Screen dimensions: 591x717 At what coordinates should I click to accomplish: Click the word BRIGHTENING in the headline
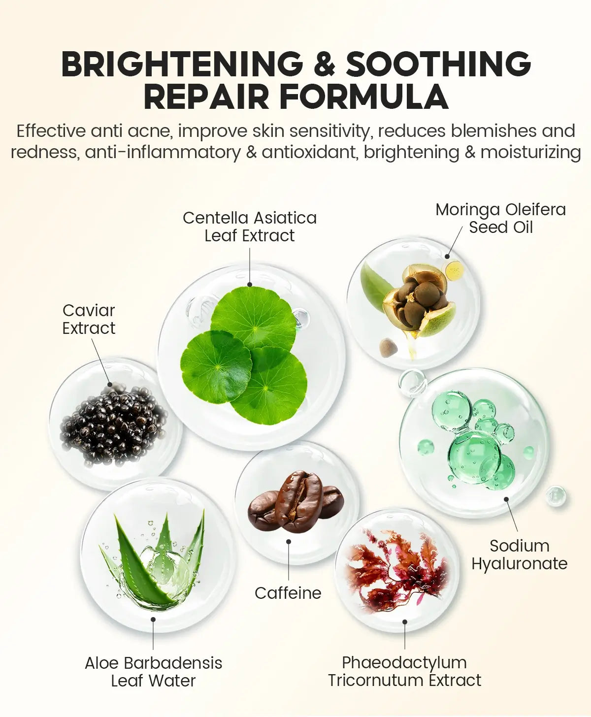(x=182, y=64)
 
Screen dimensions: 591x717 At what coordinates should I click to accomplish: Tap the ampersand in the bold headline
(x=324, y=64)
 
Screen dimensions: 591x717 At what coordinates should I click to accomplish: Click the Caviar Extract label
(x=89, y=319)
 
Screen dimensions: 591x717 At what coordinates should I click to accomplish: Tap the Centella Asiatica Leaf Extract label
(x=250, y=227)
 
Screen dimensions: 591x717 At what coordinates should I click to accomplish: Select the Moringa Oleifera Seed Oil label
(x=501, y=218)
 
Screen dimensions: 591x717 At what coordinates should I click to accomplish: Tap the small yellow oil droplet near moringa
(x=454, y=269)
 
